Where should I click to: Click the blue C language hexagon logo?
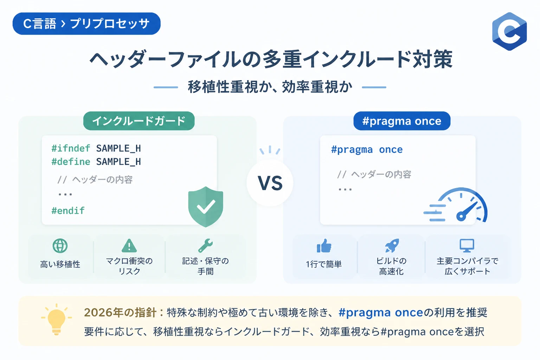tap(509, 31)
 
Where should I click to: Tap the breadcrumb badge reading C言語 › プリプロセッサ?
tap(86, 24)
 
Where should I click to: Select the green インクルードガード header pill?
tap(139, 121)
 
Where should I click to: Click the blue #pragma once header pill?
tap(402, 121)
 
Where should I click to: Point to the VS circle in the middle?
tap(270, 183)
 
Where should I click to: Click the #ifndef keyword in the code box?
tap(71, 148)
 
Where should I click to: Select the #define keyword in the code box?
tap(71, 162)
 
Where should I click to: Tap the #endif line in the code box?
tap(68, 211)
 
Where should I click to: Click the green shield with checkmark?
tap(206, 207)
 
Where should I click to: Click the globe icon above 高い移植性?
tap(60, 246)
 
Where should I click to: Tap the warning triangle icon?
tap(129, 246)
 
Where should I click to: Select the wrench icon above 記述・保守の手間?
tap(205, 245)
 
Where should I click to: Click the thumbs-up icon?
tap(324, 246)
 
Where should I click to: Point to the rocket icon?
tap(392, 245)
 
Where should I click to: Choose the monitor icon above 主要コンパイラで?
tap(467, 245)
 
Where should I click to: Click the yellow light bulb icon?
tap(56, 319)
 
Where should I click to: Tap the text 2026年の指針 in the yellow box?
tap(120, 313)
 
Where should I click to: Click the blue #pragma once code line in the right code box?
tap(367, 150)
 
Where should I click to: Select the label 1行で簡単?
tap(324, 264)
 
